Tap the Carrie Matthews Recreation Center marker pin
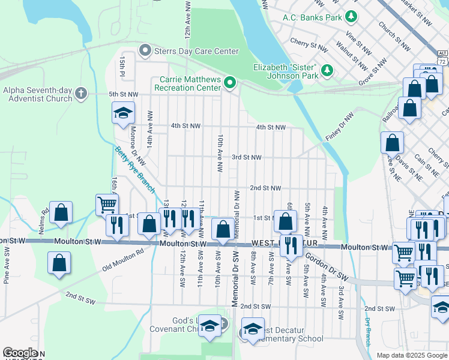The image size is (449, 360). pos(230,82)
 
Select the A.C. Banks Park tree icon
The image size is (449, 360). pos(353,17)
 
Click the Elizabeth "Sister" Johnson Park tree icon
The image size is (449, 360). pos(327,71)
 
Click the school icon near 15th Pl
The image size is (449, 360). pos(122,112)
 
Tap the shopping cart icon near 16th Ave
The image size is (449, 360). pos(106,204)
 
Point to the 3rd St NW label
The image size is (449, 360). pos(247,157)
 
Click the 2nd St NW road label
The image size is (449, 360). pos(265,188)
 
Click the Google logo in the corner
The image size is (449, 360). pos(20,353)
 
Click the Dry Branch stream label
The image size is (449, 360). pos(367,331)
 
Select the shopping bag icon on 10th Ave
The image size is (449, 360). pos(223,229)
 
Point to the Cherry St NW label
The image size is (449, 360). pos(309,44)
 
